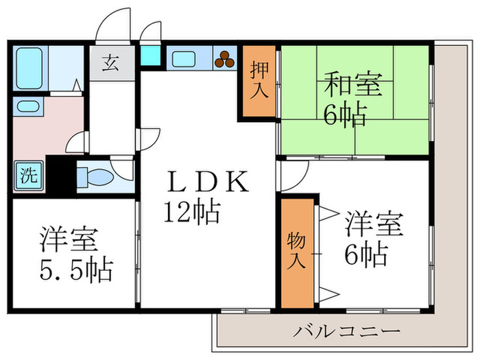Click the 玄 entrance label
(x=110, y=63)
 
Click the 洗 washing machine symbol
(x=27, y=175)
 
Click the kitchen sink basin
(x=184, y=60)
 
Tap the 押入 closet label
(x=259, y=81)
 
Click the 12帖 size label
(x=191, y=212)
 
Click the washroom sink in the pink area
(x=27, y=106)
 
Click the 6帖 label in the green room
(x=344, y=114)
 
